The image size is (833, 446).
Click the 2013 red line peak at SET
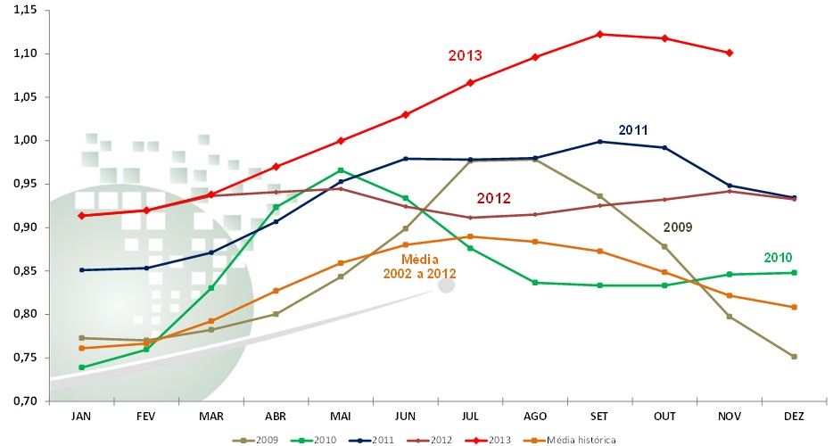(x=599, y=34)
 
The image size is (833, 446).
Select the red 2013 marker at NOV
(x=729, y=53)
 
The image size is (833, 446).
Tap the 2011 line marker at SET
(x=599, y=141)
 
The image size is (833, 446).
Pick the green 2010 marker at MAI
(x=340, y=170)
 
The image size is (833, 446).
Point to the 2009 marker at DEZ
(x=794, y=357)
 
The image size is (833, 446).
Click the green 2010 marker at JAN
(x=82, y=368)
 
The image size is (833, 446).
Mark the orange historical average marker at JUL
(x=470, y=236)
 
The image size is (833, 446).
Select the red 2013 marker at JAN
(x=82, y=215)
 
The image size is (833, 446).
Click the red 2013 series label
(x=465, y=55)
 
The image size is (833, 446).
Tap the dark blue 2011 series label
(x=632, y=130)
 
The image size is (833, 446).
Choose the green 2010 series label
(x=778, y=257)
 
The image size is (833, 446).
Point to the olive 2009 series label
(x=678, y=227)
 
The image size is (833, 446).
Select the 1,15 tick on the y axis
(x=27, y=10)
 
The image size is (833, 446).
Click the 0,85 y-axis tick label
(x=27, y=270)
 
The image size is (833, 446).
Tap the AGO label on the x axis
(x=534, y=417)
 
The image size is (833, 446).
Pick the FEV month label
(x=146, y=417)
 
